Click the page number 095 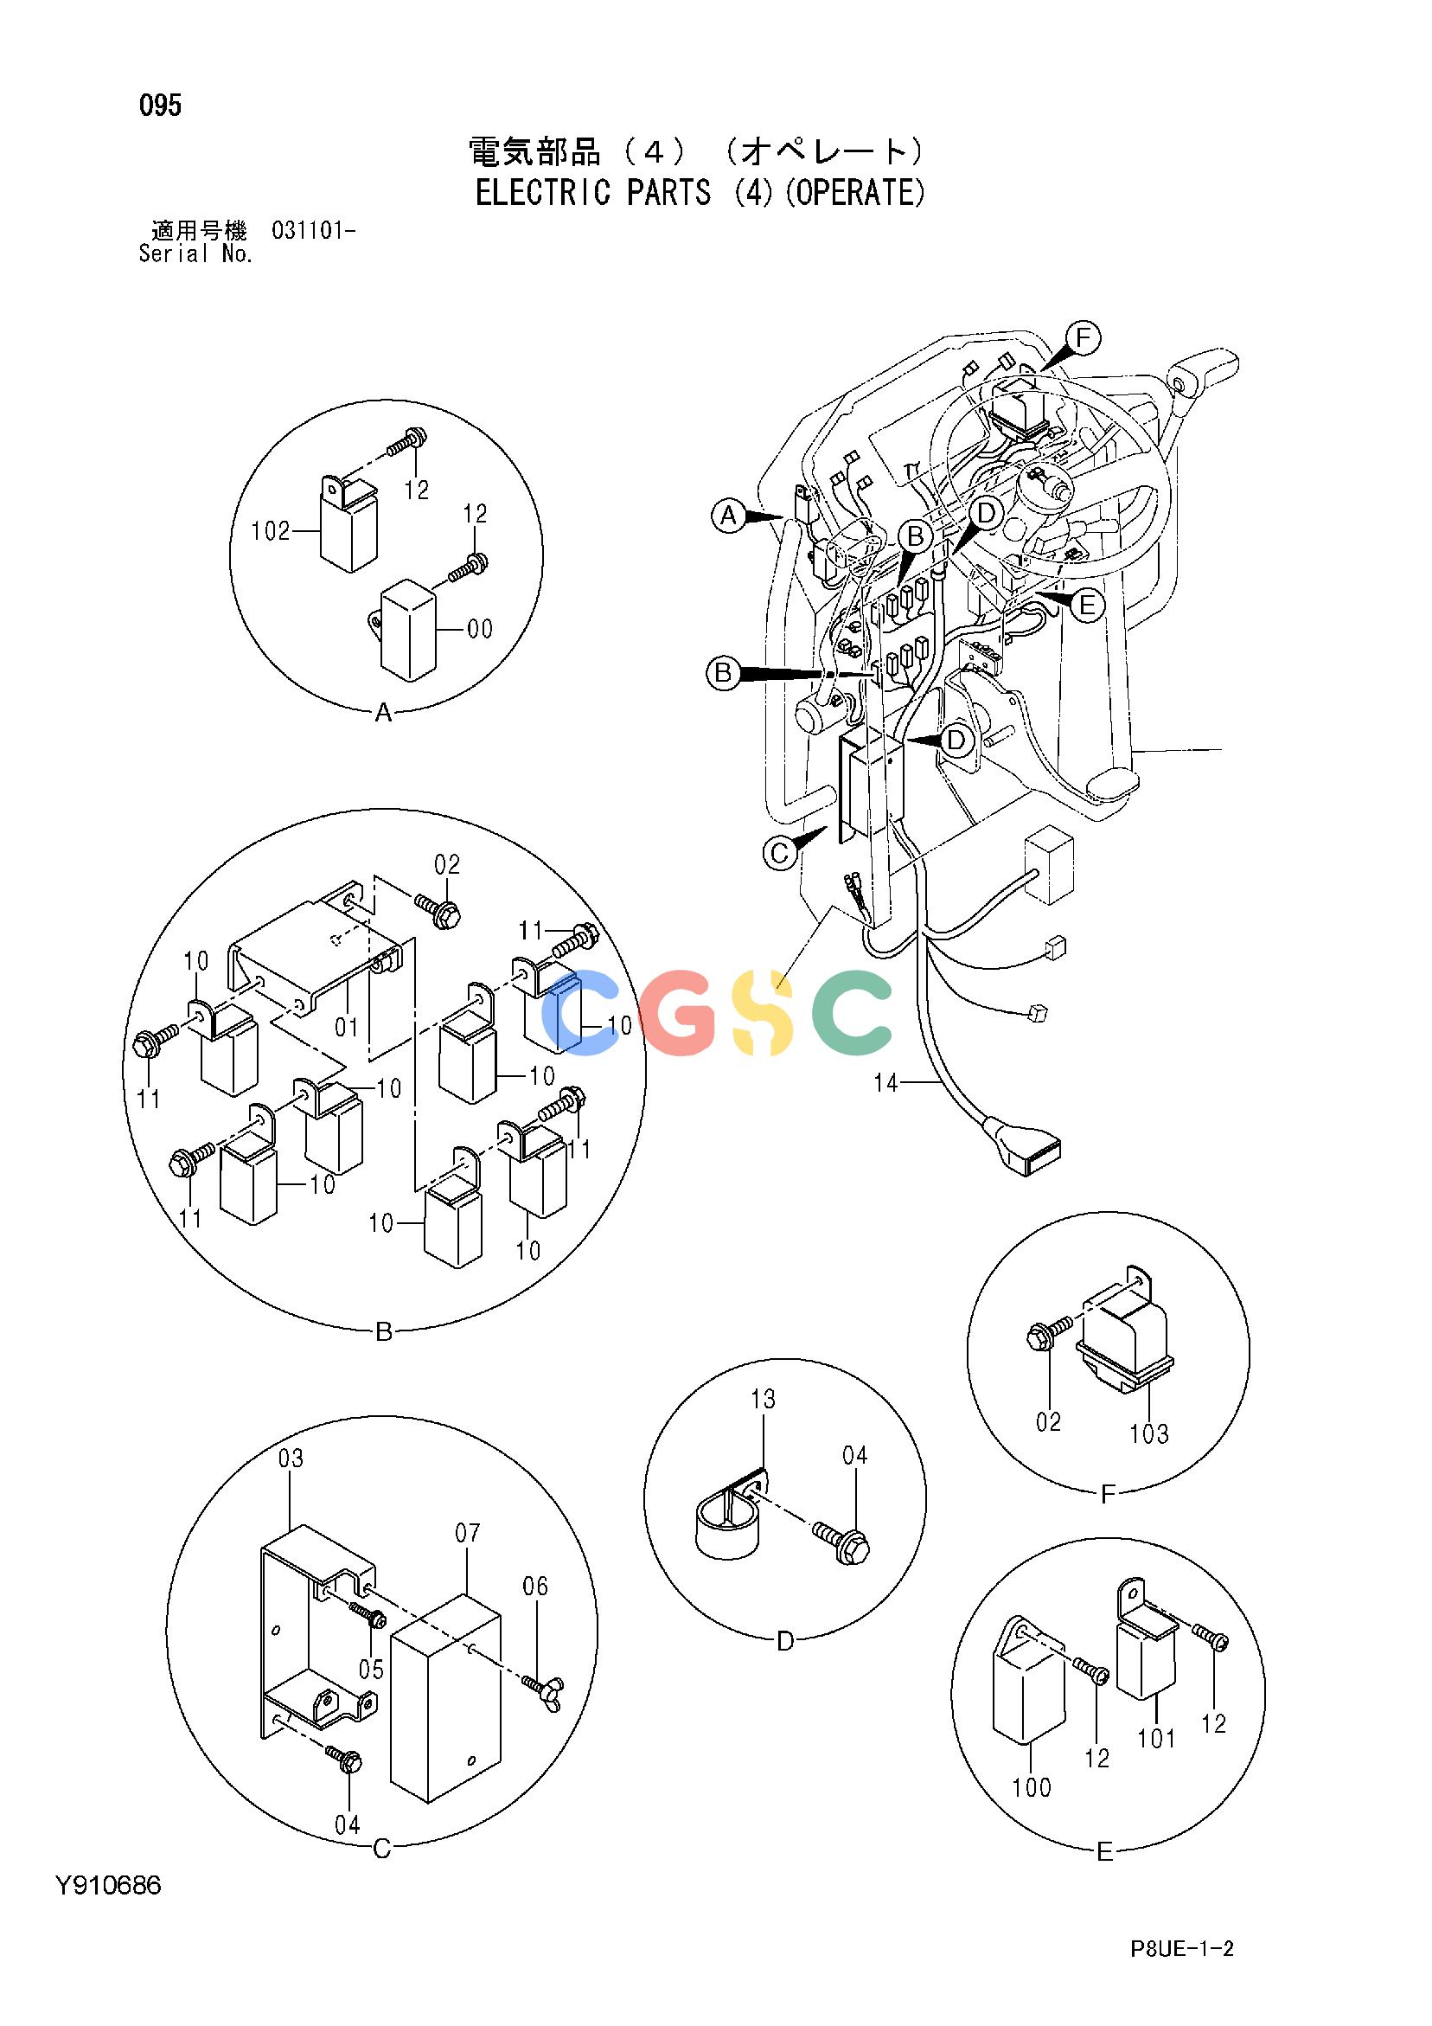(160, 106)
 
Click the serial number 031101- (313, 232)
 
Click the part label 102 (271, 531)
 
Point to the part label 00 (480, 629)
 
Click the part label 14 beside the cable (885, 1083)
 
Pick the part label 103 (1148, 1434)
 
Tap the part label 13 (764, 1399)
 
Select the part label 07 (468, 1533)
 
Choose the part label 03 (291, 1459)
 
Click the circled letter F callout (1084, 338)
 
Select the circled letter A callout (728, 516)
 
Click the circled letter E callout (1087, 606)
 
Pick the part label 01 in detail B (347, 1026)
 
